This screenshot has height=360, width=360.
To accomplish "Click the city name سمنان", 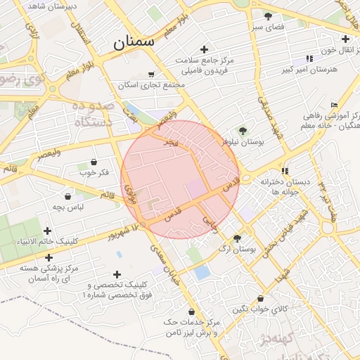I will [134, 41].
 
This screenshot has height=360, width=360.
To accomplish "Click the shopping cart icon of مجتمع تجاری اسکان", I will [151, 74].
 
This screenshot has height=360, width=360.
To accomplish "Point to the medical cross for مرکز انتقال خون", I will [345, 39].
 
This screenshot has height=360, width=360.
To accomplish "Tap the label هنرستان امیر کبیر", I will [310, 70].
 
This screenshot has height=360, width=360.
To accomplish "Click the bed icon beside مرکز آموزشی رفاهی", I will [334, 105].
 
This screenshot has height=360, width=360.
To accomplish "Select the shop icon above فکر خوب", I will [94, 162].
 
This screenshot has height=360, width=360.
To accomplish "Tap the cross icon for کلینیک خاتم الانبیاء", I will [48, 231].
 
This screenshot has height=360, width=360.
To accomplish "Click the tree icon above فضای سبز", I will [267, 15].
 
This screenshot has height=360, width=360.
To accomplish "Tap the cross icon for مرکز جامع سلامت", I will [204, 49].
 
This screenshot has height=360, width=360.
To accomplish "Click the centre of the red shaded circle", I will [180, 179].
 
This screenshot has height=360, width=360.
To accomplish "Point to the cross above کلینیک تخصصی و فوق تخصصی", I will [117, 274].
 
